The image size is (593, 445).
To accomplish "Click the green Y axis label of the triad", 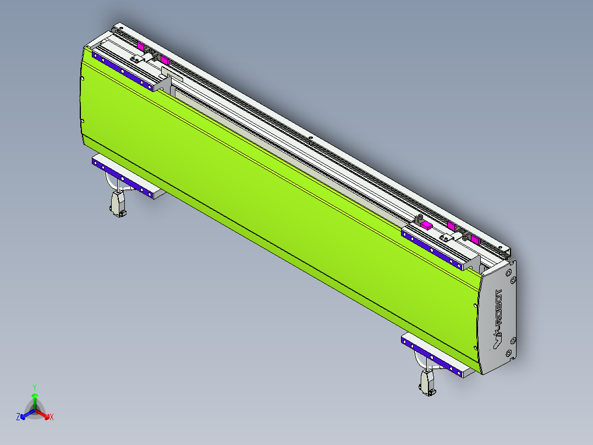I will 34,387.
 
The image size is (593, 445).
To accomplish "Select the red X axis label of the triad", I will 52,417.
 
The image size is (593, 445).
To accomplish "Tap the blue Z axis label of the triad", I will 18,417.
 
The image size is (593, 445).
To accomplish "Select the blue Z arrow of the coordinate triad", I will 25,415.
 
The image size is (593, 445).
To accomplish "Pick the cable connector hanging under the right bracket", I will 427,382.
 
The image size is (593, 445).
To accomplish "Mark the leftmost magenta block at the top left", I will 140,47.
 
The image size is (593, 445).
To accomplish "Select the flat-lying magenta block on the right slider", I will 426,225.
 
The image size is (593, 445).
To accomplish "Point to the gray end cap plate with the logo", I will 498,317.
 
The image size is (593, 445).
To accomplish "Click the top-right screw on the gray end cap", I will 513,279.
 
